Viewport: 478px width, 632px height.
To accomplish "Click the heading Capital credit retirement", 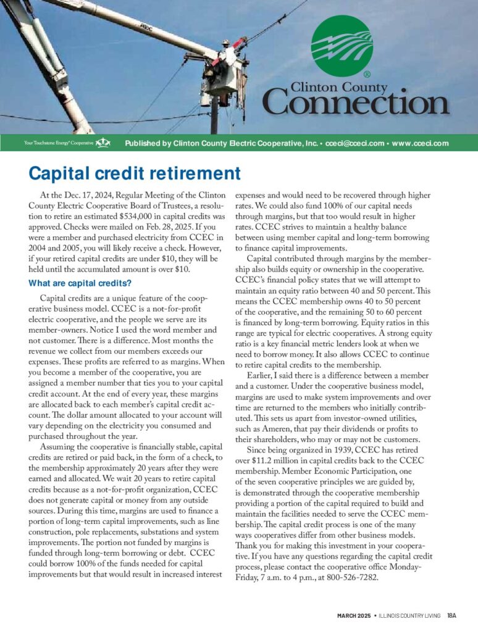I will tap(135, 172).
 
